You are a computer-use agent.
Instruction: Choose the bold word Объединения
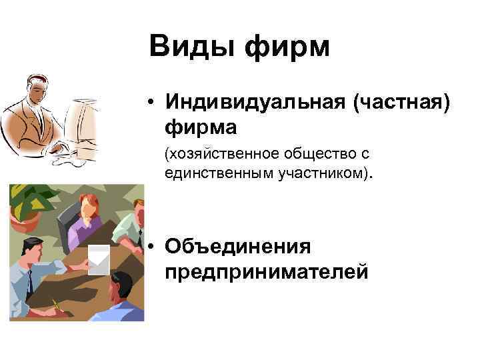238,247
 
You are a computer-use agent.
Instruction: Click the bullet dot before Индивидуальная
153,102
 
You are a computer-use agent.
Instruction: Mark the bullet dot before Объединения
153,247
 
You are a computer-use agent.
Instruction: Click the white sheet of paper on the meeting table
99,259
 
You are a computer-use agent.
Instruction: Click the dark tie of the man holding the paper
29,280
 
